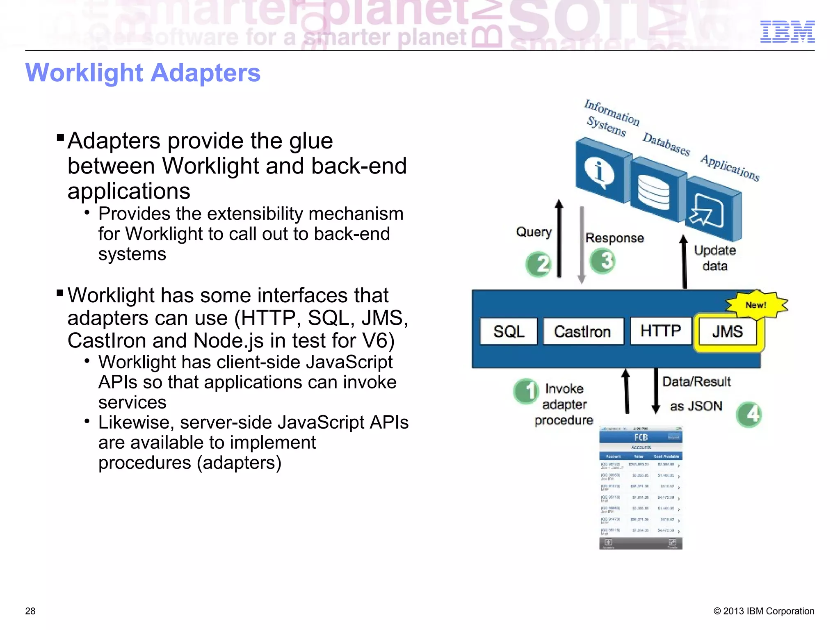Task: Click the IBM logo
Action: point(787,32)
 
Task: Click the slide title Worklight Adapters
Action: point(143,73)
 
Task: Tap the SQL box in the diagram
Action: point(509,331)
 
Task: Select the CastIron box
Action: point(582,331)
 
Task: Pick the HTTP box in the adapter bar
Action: point(660,331)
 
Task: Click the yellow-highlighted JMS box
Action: point(727,331)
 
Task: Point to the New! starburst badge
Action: point(756,305)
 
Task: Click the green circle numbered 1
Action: point(526,391)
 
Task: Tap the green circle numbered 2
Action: point(539,264)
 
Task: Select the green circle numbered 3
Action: point(603,261)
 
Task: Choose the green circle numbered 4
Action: point(749,414)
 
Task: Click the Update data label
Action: point(714,258)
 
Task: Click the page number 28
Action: point(30,611)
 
